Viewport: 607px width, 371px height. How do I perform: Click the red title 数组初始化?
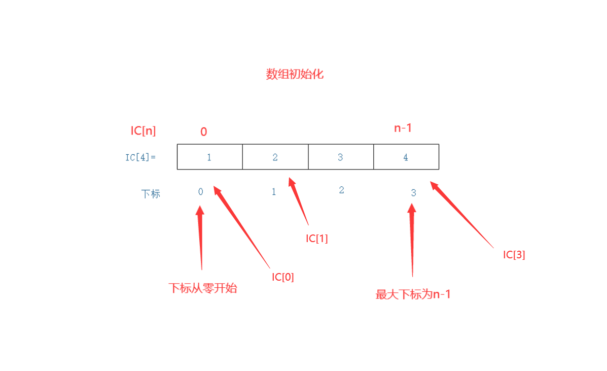pyautogui.click(x=295, y=75)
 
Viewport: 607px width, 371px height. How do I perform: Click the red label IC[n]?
pyautogui.click(x=143, y=131)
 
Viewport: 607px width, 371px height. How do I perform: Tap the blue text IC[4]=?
pyautogui.click(x=140, y=157)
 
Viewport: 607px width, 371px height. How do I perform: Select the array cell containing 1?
pyautogui.click(x=209, y=157)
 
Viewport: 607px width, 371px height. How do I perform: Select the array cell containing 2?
pyautogui.click(x=275, y=157)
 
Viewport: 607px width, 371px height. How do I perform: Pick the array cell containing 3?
pyautogui.click(x=340, y=157)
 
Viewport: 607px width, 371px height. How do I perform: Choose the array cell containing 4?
pyautogui.click(x=406, y=157)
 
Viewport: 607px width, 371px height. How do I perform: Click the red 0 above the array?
pyautogui.click(x=203, y=132)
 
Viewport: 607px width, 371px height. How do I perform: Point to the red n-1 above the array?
pyautogui.click(x=403, y=128)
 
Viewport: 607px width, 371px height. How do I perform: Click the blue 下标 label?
pyautogui.click(x=151, y=194)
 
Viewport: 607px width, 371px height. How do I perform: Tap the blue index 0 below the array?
pyautogui.click(x=200, y=191)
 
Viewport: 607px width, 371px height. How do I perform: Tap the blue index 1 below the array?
pyautogui.click(x=274, y=192)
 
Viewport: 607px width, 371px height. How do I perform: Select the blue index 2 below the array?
pyautogui.click(x=341, y=190)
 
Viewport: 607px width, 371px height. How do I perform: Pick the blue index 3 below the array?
pyautogui.click(x=413, y=193)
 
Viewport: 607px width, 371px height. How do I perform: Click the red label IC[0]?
pyautogui.click(x=282, y=277)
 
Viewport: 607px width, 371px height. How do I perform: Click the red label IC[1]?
pyautogui.click(x=316, y=239)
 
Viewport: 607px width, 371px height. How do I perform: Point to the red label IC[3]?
pyautogui.click(x=514, y=255)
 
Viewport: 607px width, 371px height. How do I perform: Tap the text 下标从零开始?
pyautogui.click(x=203, y=289)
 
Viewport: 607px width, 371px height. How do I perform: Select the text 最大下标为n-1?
pyautogui.click(x=413, y=294)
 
